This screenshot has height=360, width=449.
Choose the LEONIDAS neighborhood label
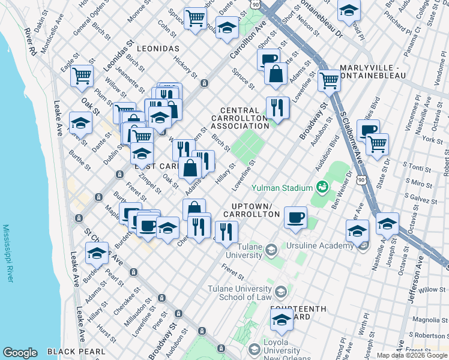point(157,47)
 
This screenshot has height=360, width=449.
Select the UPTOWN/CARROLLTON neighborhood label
point(248,210)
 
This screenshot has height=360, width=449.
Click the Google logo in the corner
point(20,353)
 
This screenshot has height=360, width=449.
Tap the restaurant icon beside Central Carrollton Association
point(277,107)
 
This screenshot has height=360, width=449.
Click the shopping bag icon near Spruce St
point(276,74)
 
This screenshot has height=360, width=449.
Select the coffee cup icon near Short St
point(269,59)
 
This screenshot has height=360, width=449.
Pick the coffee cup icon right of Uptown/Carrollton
point(295,217)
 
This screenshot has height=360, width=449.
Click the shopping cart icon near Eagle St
point(82,76)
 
